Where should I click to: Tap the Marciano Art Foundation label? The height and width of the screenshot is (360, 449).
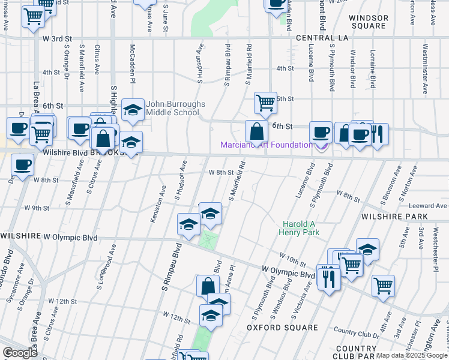[x=266, y=145]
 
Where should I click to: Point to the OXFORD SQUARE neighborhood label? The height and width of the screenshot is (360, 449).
[x=282, y=328]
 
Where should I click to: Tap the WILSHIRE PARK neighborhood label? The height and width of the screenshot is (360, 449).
[x=394, y=216]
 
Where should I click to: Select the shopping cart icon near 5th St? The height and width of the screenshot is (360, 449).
[x=265, y=103]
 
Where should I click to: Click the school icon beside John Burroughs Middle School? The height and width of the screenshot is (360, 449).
[x=133, y=110]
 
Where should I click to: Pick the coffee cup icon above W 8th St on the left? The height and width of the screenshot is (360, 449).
[x=23, y=165]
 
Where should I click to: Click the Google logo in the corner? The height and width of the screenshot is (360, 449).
[x=20, y=352]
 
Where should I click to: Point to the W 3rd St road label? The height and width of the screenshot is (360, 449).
[x=57, y=38]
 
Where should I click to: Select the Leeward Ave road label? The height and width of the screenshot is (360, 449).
[x=430, y=206]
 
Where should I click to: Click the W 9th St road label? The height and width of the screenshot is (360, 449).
[x=37, y=208]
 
